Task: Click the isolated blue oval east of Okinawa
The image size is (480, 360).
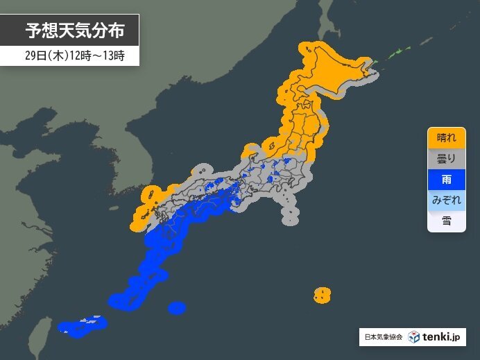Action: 177,307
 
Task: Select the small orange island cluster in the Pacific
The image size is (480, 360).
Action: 321,295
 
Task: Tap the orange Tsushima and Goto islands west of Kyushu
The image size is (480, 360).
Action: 142,208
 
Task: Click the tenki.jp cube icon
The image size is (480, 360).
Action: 413,337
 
